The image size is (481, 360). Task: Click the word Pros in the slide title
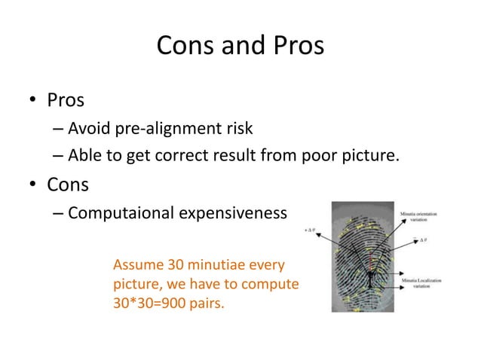point(294,47)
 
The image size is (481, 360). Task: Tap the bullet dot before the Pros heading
point(33,101)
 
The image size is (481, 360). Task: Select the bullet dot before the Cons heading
point(33,186)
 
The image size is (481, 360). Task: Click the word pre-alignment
point(169,129)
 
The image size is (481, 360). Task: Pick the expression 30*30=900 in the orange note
point(151,305)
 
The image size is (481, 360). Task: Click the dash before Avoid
point(58,130)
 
